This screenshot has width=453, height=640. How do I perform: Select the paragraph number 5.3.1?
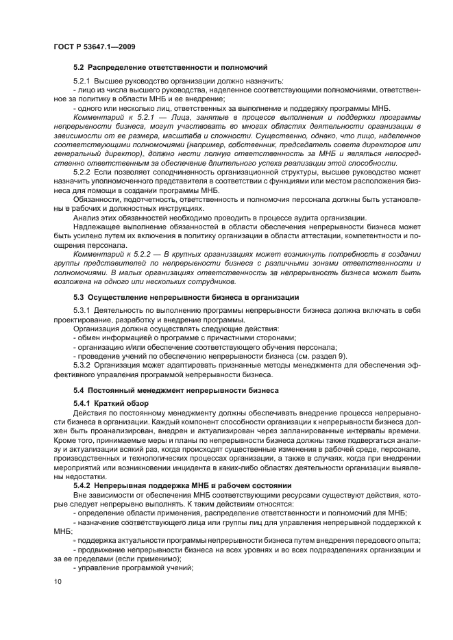[84, 311]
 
